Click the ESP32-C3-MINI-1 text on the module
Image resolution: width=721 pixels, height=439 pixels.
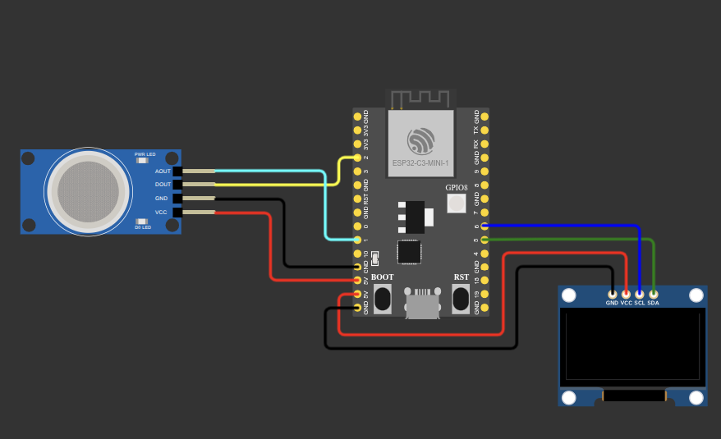420,163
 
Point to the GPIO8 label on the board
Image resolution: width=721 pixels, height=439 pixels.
457,188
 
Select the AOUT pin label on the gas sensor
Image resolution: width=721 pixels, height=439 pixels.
163,171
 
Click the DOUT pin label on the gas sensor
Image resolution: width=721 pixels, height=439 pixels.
163,185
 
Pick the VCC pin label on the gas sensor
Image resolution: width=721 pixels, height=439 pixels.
161,213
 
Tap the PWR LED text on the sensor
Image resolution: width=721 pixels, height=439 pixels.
145,154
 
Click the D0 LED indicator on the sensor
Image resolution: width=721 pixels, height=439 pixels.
142,221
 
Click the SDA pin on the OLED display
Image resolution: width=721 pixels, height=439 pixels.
653,294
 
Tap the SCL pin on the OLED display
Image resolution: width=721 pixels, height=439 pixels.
639,294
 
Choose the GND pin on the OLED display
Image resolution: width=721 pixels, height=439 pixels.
612,294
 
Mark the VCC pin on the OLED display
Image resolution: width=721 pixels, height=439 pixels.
626,294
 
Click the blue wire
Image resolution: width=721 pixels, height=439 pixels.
567,225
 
